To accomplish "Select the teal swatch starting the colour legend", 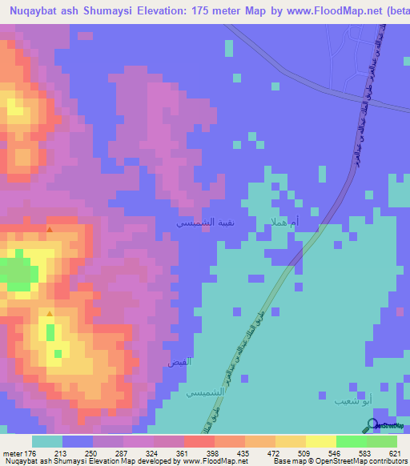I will (x=46, y=441).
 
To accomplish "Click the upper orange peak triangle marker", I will (x=50, y=231).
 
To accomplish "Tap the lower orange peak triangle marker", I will (x=50, y=312).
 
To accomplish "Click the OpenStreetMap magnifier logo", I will (x=373, y=425).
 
